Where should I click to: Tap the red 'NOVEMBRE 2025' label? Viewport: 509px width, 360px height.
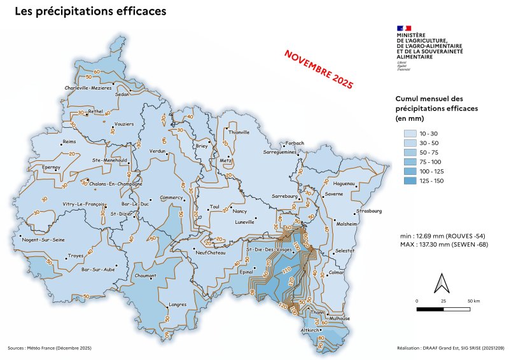(x=318, y=68)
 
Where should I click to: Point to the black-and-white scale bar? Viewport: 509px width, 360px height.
(x=443, y=309)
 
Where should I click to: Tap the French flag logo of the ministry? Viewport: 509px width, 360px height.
(x=404, y=29)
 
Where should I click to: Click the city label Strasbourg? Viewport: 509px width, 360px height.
(x=369, y=211)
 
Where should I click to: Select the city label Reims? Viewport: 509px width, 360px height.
(x=69, y=142)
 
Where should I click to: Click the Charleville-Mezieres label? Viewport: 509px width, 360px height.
(x=88, y=88)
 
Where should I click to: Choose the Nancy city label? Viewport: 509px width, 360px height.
(x=239, y=211)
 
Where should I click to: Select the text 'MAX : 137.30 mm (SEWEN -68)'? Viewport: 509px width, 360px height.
(x=444, y=245)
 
